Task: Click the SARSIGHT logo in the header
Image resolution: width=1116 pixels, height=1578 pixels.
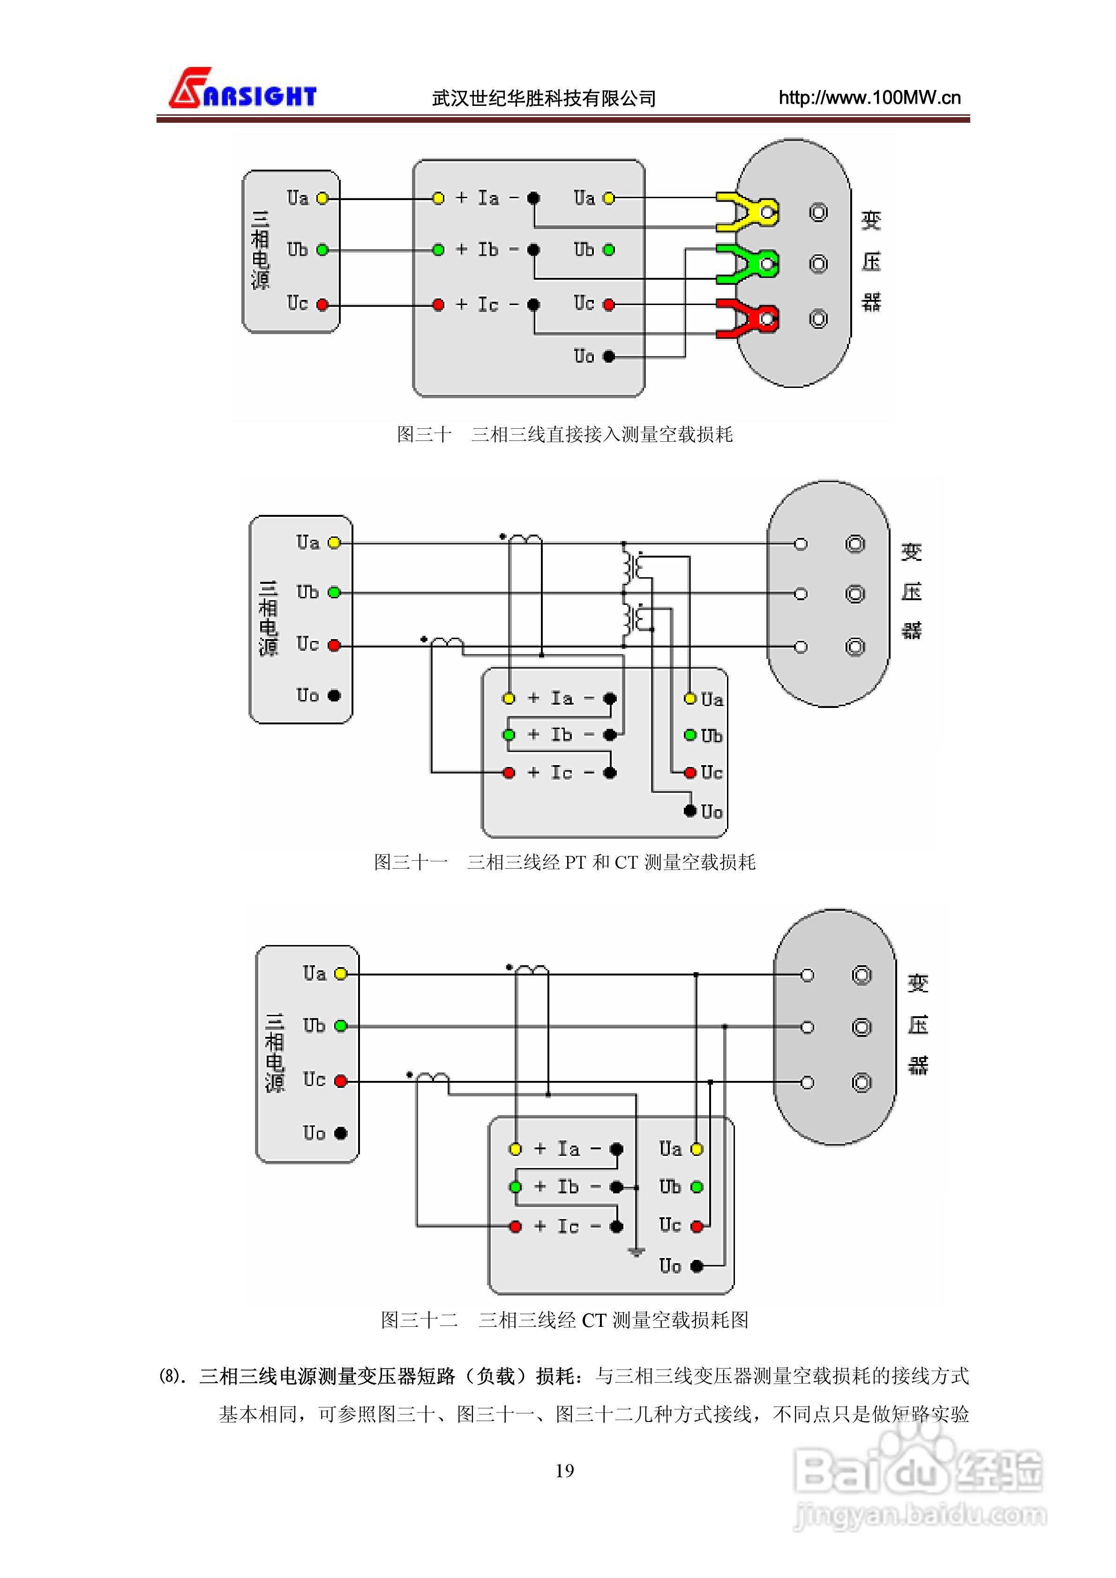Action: tap(242, 89)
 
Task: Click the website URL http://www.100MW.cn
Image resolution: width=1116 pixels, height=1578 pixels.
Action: tap(869, 97)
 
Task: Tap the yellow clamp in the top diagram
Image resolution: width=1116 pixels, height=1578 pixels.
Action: tap(746, 212)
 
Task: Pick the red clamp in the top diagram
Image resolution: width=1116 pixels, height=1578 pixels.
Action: tap(746, 318)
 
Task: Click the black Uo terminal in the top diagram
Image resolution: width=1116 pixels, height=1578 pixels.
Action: tap(608, 356)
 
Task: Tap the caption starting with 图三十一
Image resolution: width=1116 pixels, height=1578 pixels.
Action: tap(564, 862)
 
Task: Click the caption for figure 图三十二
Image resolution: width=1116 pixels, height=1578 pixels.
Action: tap(564, 1319)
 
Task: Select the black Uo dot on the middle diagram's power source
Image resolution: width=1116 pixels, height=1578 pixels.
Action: tap(334, 696)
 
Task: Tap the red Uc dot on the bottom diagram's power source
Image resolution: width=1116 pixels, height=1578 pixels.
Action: tap(340, 1081)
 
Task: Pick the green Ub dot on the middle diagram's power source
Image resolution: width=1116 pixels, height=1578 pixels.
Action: tap(334, 592)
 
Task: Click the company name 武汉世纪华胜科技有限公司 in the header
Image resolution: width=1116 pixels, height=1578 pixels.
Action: tap(544, 99)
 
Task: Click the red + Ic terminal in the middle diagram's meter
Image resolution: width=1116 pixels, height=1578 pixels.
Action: tap(509, 773)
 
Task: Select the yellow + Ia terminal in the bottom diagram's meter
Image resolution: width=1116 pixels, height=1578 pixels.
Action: tap(515, 1149)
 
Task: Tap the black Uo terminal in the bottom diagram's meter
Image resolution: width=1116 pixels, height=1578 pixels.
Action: tap(697, 1265)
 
